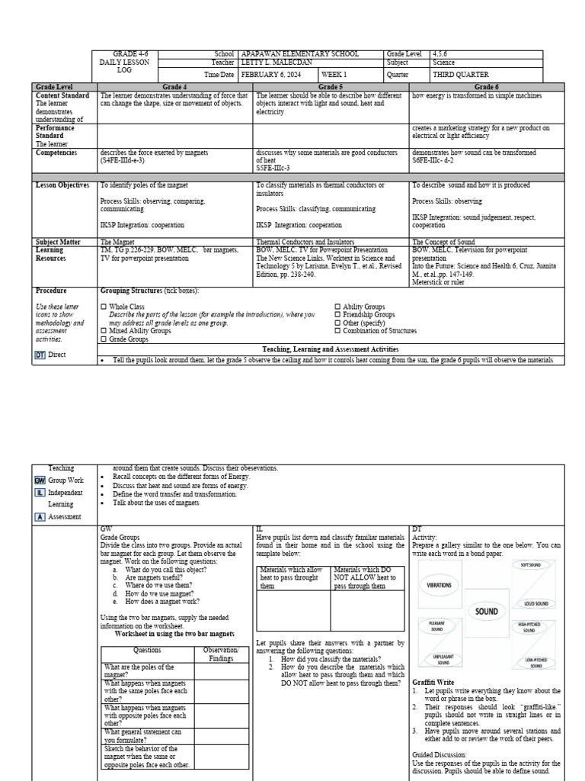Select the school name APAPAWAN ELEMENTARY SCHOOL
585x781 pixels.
pyautogui.click(x=299, y=54)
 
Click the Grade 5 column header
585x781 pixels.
pyautogui.click(x=330, y=88)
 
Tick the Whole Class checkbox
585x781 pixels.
pyautogui.click(x=104, y=307)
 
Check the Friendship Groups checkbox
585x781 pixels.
pyautogui.click(x=338, y=314)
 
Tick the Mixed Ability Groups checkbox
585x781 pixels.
pyautogui.click(x=104, y=331)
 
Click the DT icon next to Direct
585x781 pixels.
pyautogui.click(x=40, y=355)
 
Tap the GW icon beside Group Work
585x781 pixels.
pyautogui.click(x=40, y=480)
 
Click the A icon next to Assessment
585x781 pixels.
pyautogui.click(x=40, y=516)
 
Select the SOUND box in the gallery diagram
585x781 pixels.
pyautogui.click(x=487, y=611)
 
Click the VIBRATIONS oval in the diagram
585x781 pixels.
pyautogui.click(x=435, y=585)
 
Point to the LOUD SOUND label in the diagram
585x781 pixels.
pyautogui.click(x=535, y=603)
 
